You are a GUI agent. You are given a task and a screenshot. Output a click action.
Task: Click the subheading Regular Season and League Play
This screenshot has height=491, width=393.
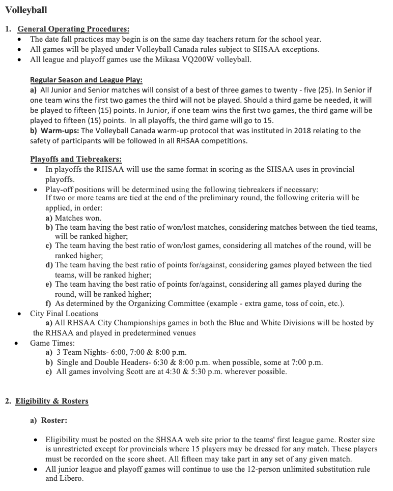86,80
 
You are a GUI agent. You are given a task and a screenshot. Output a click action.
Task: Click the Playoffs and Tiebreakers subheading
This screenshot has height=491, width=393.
76,159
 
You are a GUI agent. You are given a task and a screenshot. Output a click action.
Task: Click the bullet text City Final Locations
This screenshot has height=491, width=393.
64,314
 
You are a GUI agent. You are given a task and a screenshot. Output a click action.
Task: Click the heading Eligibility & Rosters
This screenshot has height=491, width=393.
52,401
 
